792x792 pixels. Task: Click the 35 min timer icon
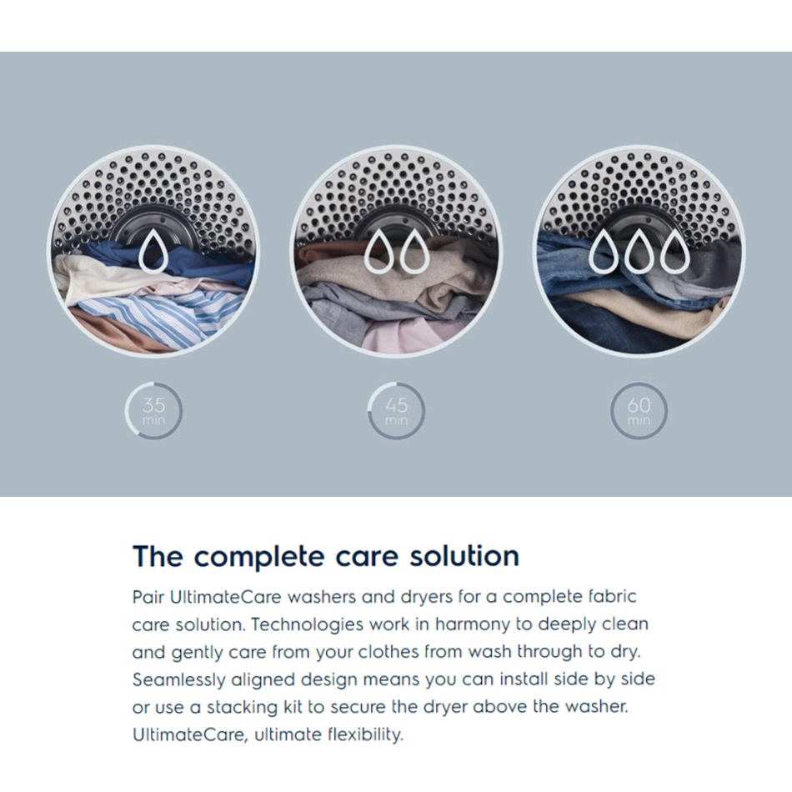pyautogui.click(x=153, y=411)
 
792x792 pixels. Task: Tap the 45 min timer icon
pyautogui.click(x=396, y=411)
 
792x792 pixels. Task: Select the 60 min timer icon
pyautogui.click(x=639, y=411)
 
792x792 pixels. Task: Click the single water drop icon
pyautogui.click(x=153, y=250)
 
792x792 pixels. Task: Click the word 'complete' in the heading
pyautogui.click(x=259, y=558)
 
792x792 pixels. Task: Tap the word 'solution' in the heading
pyautogui.click(x=464, y=556)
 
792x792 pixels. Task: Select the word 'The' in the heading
pyautogui.click(x=158, y=556)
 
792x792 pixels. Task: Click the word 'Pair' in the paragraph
pyautogui.click(x=148, y=597)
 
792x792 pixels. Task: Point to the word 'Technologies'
pyautogui.click(x=307, y=625)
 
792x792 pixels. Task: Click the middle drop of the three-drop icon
pyautogui.click(x=639, y=251)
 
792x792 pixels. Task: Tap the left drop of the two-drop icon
pyautogui.click(x=378, y=251)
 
